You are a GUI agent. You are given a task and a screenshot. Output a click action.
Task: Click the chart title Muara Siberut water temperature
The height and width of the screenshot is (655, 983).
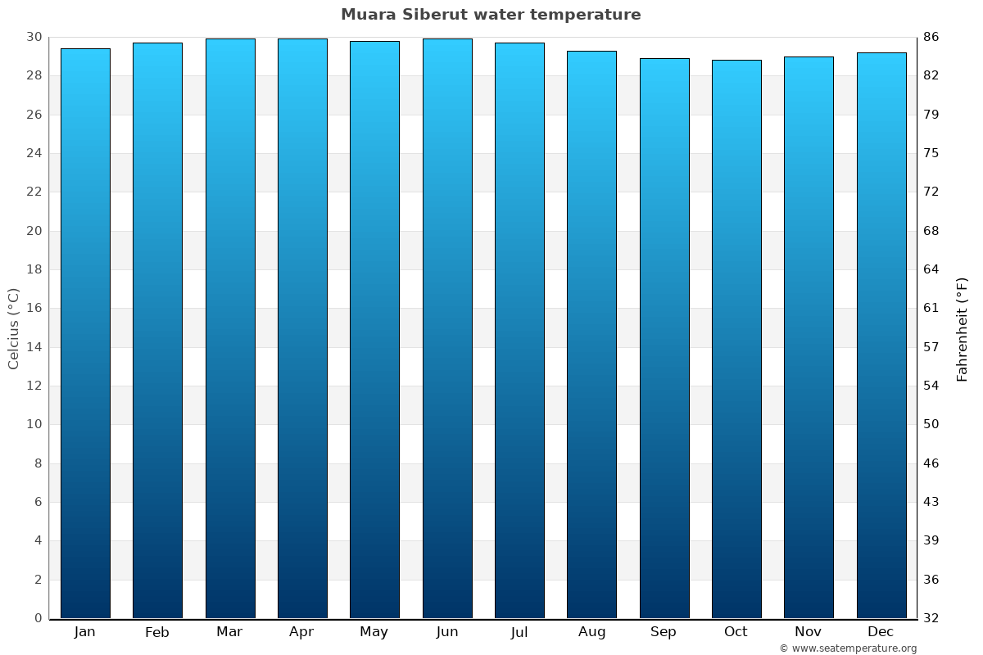click(x=491, y=15)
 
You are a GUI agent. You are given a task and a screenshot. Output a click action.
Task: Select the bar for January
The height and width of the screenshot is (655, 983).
click(x=85, y=333)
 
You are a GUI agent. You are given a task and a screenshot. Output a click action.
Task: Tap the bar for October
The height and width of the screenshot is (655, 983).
click(x=736, y=339)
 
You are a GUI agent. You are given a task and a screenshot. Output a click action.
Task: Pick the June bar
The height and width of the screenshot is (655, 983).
click(x=447, y=328)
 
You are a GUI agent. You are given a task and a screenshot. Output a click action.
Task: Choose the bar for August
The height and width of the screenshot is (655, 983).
click(x=591, y=334)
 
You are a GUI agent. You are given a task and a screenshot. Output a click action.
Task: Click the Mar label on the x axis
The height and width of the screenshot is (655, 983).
click(x=229, y=631)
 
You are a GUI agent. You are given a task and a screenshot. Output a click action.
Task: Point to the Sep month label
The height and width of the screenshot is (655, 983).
click(x=664, y=631)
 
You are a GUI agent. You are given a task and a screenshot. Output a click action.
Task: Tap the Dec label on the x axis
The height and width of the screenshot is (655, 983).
click(x=881, y=631)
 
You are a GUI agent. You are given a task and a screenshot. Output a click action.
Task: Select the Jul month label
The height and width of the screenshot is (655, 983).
click(x=519, y=631)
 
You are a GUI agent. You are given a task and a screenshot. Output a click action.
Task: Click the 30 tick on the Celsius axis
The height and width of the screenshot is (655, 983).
click(x=34, y=37)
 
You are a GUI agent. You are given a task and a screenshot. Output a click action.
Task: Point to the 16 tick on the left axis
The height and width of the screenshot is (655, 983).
click(x=34, y=309)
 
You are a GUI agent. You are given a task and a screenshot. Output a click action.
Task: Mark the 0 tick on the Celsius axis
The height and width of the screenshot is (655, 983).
click(x=38, y=618)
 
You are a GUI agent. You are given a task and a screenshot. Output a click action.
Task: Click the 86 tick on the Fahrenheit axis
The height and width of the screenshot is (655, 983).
click(x=931, y=37)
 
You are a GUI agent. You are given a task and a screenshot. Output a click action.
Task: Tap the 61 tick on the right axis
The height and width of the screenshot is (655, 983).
click(x=931, y=309)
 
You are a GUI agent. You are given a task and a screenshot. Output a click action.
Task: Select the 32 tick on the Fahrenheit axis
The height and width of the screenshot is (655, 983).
click(x=931, y=618)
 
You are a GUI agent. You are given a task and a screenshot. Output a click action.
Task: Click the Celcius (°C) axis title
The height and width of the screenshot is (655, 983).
click(x=13, y=328)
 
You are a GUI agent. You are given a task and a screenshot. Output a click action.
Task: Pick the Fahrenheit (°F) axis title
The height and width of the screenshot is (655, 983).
click(x=962, y=328)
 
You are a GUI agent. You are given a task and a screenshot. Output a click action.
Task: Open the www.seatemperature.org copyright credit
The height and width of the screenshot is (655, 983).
click(x=848, y=648)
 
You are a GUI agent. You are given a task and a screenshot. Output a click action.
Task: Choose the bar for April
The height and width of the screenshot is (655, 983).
click(x=302, y=328)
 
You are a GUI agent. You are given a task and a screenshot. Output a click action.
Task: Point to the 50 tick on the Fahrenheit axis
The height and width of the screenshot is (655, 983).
click(x=931, y=424)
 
